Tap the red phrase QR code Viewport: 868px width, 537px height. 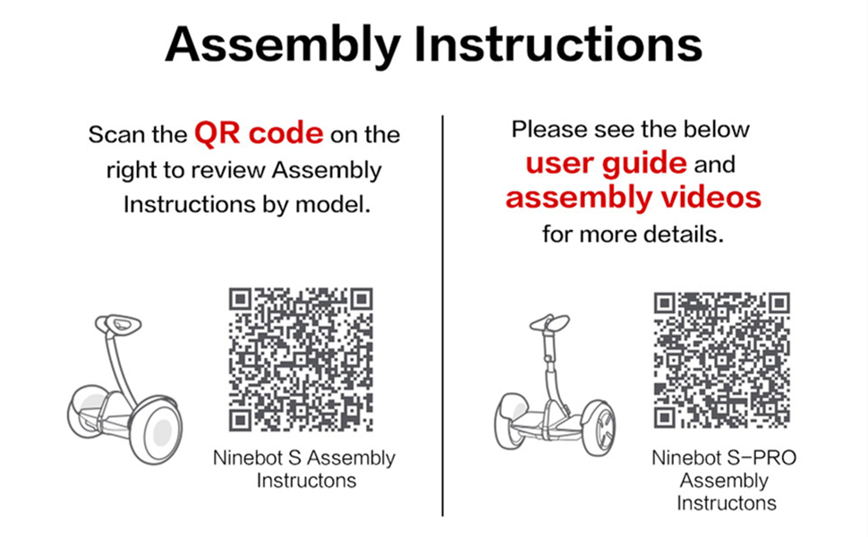pos(259,134)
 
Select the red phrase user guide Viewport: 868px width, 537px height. pos(606,164)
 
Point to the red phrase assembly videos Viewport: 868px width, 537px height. pos(633,197)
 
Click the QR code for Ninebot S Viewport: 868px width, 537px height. pos(301,359)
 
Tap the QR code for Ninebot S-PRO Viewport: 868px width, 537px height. pos(721,359)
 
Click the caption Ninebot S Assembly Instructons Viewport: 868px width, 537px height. pos(304,469)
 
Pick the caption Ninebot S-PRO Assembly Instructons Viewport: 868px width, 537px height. pos(724,481)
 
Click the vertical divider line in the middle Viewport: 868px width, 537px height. pos(443,313)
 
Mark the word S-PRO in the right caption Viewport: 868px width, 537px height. pos(767,458)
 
